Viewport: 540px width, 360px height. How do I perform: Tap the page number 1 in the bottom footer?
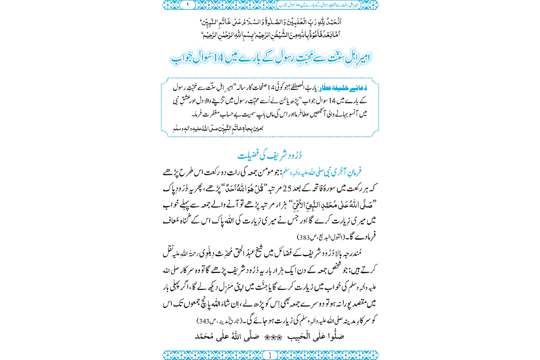tap(270, 355)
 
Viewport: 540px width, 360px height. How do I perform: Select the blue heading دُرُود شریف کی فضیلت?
tap(270, 155)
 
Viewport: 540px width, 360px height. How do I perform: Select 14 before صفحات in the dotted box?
tap(271, 88)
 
